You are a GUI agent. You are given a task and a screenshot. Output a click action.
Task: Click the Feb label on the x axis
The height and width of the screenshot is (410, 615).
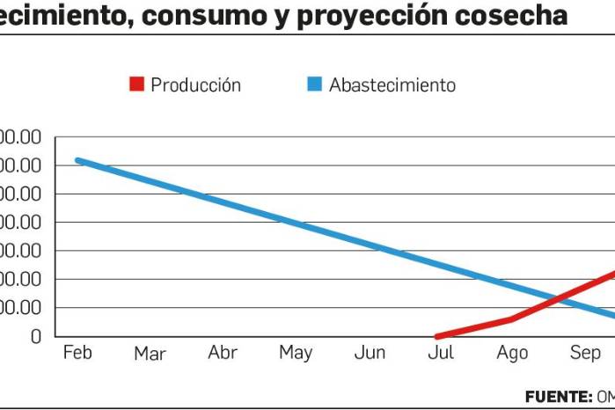pos(77,353)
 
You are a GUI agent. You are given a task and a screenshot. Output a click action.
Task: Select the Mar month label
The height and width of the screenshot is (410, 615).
pos(150,354)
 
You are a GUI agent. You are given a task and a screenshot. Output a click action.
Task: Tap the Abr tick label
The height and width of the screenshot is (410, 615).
pos(223,353)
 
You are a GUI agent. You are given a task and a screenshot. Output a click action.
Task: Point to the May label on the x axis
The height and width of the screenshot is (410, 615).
pos(296,354)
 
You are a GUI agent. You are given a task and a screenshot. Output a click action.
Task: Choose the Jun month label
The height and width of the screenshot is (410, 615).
pos(370,354)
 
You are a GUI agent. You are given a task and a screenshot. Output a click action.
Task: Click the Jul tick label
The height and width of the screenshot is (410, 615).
pos(441,353)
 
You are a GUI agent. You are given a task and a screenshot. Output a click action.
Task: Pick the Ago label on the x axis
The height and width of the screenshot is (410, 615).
pos(512,354)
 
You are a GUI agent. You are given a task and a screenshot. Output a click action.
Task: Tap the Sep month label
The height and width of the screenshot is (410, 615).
pos(585,354)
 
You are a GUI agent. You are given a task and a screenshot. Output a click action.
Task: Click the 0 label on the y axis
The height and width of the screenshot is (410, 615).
pos(35,336)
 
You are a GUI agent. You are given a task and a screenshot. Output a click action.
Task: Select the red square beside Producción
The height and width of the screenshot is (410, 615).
pos(136,84)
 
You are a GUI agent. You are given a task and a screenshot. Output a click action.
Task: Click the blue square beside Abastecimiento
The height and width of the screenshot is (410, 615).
pos(314,84)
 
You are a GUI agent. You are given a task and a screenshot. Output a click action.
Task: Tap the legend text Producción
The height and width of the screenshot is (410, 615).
pos(195,85)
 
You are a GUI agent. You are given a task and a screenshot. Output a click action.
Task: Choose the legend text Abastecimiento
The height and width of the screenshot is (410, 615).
pos(392,85)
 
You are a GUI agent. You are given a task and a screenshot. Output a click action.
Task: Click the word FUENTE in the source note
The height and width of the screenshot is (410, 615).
pos(558,396)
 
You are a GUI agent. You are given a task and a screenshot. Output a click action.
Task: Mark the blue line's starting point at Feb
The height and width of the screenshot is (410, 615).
pos(77,160)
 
